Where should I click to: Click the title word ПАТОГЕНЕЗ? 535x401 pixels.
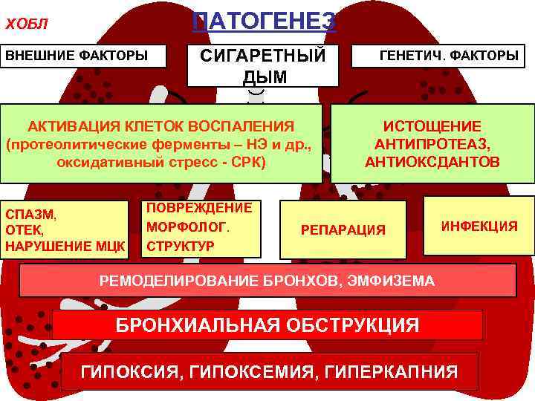(265, 19)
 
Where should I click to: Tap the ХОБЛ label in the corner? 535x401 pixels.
(27, 24)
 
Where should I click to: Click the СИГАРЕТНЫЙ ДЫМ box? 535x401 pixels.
(265, 65)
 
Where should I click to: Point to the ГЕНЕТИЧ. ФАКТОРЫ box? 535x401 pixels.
(449, 56)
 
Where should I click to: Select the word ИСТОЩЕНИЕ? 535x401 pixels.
(432, 126)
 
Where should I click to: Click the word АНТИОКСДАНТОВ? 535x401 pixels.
(432, 162)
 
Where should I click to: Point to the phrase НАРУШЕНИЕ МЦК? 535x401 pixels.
(64, 246)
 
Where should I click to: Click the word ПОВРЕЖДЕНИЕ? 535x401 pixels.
(198, 208)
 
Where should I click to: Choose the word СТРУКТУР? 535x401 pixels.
(181, 245)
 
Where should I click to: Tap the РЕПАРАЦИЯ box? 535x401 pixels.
(343, 230)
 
